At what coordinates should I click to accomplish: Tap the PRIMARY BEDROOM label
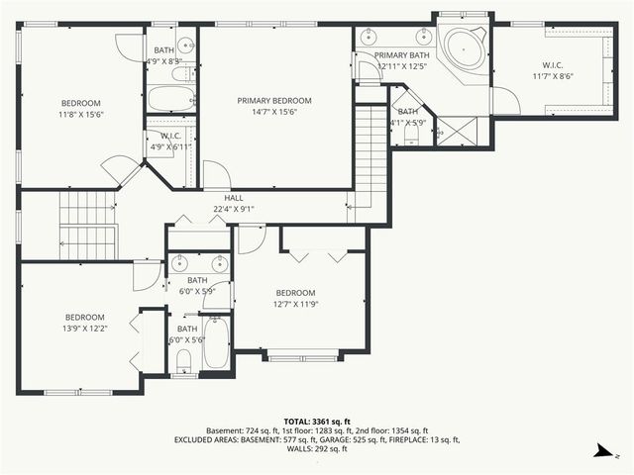(x=273, y=100)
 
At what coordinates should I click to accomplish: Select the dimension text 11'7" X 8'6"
(x=553, y=76)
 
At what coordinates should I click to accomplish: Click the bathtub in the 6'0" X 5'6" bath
(x=216, y=343)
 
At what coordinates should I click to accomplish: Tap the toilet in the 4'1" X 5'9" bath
(x=409, y=135)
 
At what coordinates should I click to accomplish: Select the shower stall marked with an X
(x=456, y=131)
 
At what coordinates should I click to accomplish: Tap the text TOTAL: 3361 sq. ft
(x=317, y=421)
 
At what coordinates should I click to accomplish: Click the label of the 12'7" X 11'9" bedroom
(x=295, y=293)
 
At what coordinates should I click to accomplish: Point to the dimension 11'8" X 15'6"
(x=80, y=115)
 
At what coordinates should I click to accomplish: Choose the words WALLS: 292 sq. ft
(x=317, y=449)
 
